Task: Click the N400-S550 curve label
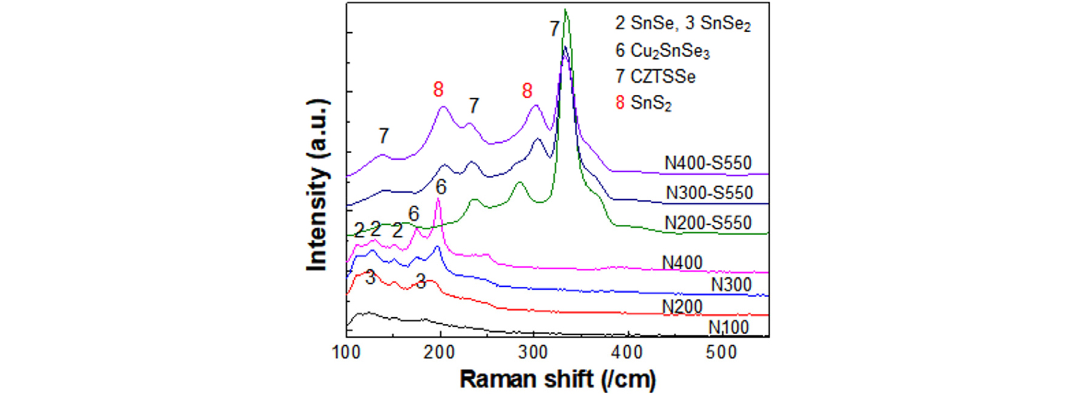(707, 163)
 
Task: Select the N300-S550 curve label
(709, 193)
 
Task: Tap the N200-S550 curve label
(707, 222)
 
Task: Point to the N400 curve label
(682, 263)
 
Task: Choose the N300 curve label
(731, 284)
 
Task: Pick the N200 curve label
(682, 306)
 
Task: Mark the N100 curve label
(728, 328)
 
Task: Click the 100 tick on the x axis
(346, 352)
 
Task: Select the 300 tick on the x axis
(534, 352)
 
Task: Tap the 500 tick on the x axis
(721, 352)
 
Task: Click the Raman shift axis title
(557, 379)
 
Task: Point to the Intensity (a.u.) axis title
(317, 184)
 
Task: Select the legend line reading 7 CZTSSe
(655, 77)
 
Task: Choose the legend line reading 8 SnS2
(643, 103)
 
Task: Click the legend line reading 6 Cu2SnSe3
(662, 50)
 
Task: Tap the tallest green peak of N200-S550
(566, 10)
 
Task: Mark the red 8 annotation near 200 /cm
(438, 90)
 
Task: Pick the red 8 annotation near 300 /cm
(527, 91)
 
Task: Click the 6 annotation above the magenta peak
(441, 187)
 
